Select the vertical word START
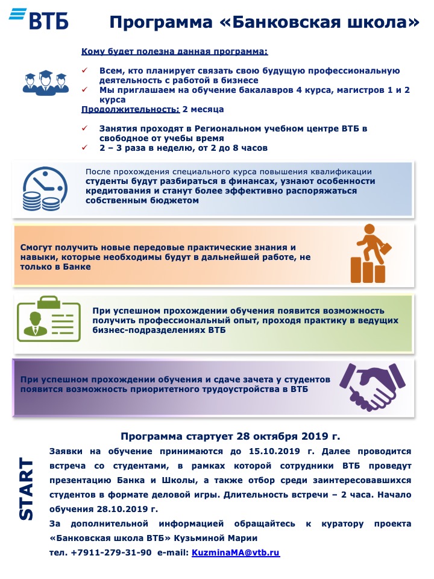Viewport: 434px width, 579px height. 26,489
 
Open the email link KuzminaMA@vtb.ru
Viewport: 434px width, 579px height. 236,552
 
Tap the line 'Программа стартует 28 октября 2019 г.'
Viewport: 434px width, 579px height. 230,435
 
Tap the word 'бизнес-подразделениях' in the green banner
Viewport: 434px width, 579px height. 146,331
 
